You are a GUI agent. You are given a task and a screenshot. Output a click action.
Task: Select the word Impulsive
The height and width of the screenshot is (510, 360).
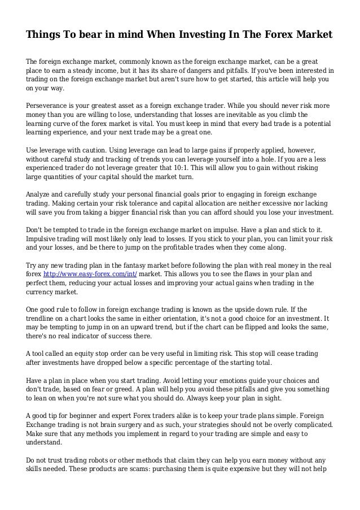click(44, 239)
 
